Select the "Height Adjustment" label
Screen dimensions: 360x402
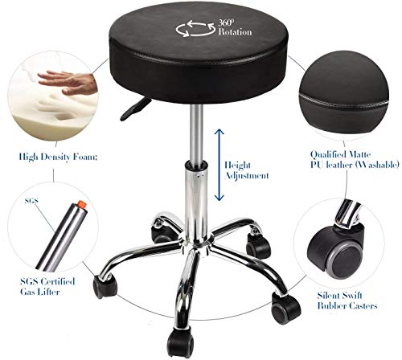click(245, 167)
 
